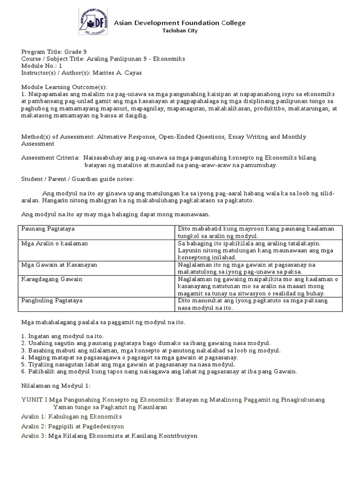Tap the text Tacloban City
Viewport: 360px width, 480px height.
(x=180, y=31)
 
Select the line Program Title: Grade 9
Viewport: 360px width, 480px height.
(x=54, y=52)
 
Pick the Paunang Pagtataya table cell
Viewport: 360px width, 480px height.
(x=48, y=228)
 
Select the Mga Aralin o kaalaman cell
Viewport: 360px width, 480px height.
(x=54, y=244)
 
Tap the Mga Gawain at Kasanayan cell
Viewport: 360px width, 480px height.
(x=59, y=265)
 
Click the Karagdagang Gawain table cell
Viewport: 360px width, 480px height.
(x=52, y=279)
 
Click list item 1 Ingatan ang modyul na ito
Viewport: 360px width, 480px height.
(x=62, y=337)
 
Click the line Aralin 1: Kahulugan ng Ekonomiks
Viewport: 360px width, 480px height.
(x=72, y=416)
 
